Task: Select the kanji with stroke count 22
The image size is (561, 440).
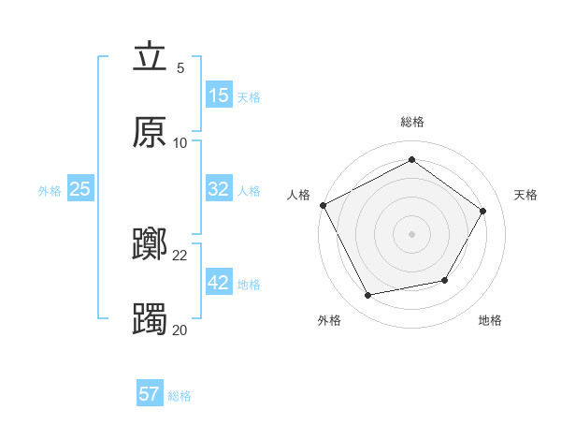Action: coord(150,245)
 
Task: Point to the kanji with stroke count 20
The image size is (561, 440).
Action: coord(150,319)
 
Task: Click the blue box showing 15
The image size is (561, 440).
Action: coord(219,95)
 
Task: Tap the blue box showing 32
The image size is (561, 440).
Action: coord(219,189)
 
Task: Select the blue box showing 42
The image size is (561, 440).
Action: coord(219,283)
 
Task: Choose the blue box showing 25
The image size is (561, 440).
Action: coord(79,189)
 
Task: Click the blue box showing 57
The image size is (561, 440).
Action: coord(150,394)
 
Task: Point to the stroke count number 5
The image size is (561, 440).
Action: coord(180,68)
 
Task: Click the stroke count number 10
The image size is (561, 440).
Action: coord(180,142)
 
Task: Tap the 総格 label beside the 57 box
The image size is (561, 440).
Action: coord(180,396)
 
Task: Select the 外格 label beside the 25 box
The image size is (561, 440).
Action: coord(50,191)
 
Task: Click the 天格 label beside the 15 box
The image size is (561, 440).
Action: coord(249,97)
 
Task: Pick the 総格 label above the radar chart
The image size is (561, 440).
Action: coord(411,122)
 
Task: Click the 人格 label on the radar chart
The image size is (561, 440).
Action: coord(299,195)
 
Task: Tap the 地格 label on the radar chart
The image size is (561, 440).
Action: coord(490,320)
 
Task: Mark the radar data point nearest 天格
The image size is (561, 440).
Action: coord(483,211)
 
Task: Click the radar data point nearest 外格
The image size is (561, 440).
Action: coord(368,296)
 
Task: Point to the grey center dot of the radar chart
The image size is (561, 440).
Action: coord(411,233)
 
